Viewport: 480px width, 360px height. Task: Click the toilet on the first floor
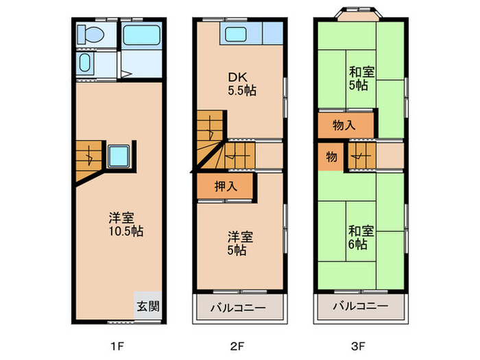coord(91,34)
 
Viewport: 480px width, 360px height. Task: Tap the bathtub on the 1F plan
coord(142,35)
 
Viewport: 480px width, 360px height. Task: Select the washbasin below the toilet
coord(85,62)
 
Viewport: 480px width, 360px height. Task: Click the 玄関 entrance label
coord(148,306)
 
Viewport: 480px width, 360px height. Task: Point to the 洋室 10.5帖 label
coord(125,224)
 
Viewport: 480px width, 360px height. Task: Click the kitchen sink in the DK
coord(236,34)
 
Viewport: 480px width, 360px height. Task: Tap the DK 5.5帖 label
coord(242,84)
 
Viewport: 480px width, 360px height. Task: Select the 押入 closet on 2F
coord(226,186)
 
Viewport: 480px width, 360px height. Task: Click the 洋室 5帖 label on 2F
coord(240,243)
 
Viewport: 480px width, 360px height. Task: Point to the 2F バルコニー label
coord(238,308)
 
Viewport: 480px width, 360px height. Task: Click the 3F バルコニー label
coord(361,306)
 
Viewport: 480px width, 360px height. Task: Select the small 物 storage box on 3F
coord(331,157)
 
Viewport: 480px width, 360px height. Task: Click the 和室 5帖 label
coord(361,79)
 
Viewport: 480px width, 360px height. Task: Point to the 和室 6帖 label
coord(361,237)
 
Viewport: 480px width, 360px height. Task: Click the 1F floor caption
coord(117,346)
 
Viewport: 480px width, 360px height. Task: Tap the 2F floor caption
coord(237,346)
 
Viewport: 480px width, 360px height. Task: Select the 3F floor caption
coord(358,346)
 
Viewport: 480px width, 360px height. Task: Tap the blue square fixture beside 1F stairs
coord(119,156)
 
